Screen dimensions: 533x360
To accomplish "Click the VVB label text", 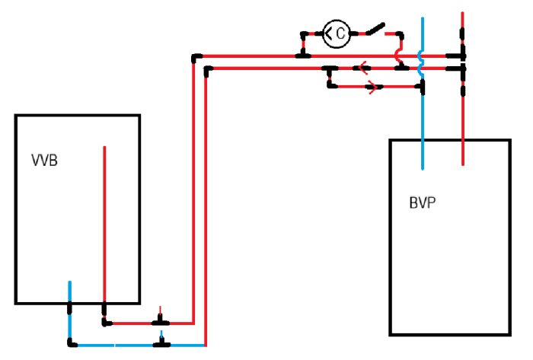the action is (44, 161).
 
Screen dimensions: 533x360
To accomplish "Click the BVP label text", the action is (423, 202).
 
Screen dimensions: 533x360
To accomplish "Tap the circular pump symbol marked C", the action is (337, 33).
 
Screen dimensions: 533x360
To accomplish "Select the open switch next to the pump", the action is (375, 29).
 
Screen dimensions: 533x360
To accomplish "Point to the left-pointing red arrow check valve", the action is (363, 68).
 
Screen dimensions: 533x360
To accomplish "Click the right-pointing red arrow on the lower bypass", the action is (373, 87).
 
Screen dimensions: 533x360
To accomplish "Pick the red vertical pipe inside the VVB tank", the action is (104, 225).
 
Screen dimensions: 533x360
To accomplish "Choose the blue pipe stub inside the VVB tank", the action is (70, 292).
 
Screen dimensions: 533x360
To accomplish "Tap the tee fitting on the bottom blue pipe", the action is (161, 342).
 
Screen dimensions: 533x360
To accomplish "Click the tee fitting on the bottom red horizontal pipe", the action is (161, 320).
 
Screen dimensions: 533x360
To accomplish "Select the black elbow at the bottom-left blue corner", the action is (72, 343).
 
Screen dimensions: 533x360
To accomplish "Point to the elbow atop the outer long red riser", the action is (196, 58).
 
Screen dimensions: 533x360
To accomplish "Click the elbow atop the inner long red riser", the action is (208, 70).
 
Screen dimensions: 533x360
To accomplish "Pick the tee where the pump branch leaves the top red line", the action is (302, 54).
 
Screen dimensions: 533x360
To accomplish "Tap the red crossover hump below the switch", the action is (398, 56).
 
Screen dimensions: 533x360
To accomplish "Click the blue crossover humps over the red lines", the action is (422, 63).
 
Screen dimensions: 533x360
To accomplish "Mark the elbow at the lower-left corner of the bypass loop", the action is (330, 85).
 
